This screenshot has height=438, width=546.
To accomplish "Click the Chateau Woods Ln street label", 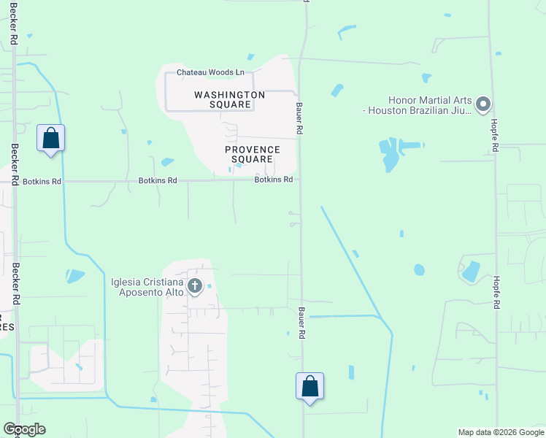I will click(210, 72).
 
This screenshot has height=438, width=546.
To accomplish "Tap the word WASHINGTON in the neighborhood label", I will click(229, 95).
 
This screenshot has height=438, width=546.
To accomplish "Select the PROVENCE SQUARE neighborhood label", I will click(253, 154).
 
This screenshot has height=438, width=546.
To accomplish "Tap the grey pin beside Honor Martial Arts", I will click(482, 105).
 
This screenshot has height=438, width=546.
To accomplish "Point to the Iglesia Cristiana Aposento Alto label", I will click(147, 288).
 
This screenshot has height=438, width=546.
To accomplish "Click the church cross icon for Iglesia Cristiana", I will click(195, 286).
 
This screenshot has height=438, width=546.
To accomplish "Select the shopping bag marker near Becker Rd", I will click(50, 137).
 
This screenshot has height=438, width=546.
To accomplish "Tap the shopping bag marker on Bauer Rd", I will click(309, 386).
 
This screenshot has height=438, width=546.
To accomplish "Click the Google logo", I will click(24, 429).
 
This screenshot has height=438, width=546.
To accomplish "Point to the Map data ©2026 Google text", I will click(500, 432).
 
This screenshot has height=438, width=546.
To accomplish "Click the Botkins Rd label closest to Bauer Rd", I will click(274, 180).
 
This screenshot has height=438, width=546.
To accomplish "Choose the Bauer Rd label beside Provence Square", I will click(299, 118).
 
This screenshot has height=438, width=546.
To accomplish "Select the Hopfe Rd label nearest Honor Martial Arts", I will click(495, 136).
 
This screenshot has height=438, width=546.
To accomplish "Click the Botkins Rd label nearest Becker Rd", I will click(42, 181).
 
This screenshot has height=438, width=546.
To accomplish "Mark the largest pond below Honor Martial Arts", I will click(390, 153).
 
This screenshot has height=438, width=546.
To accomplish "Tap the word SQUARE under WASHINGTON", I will click(229, 104).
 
